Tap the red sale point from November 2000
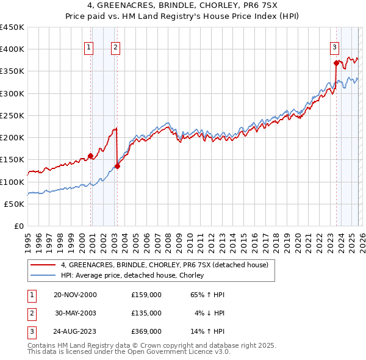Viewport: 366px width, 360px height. pyautogui.click(x=90, y=156)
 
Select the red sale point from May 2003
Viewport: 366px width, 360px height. pyautogui.click(x=118, y=166)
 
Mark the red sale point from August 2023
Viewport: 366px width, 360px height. pyautogui.click(x=336, y=62)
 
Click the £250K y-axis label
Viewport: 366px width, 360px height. pyautogui.click(x=12, y=116)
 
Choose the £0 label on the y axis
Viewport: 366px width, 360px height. pyautogui.click(x=18, y=226)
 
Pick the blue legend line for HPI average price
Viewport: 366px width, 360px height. pyautogui.click(x=43, y=276)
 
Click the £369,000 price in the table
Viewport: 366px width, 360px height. pyautogui.click(x=146, y=333)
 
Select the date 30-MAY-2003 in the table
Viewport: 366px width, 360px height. pyautogui.click(x=76, y=313)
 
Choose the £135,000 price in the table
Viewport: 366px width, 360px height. pyautogui.click(x=146, y=313)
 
